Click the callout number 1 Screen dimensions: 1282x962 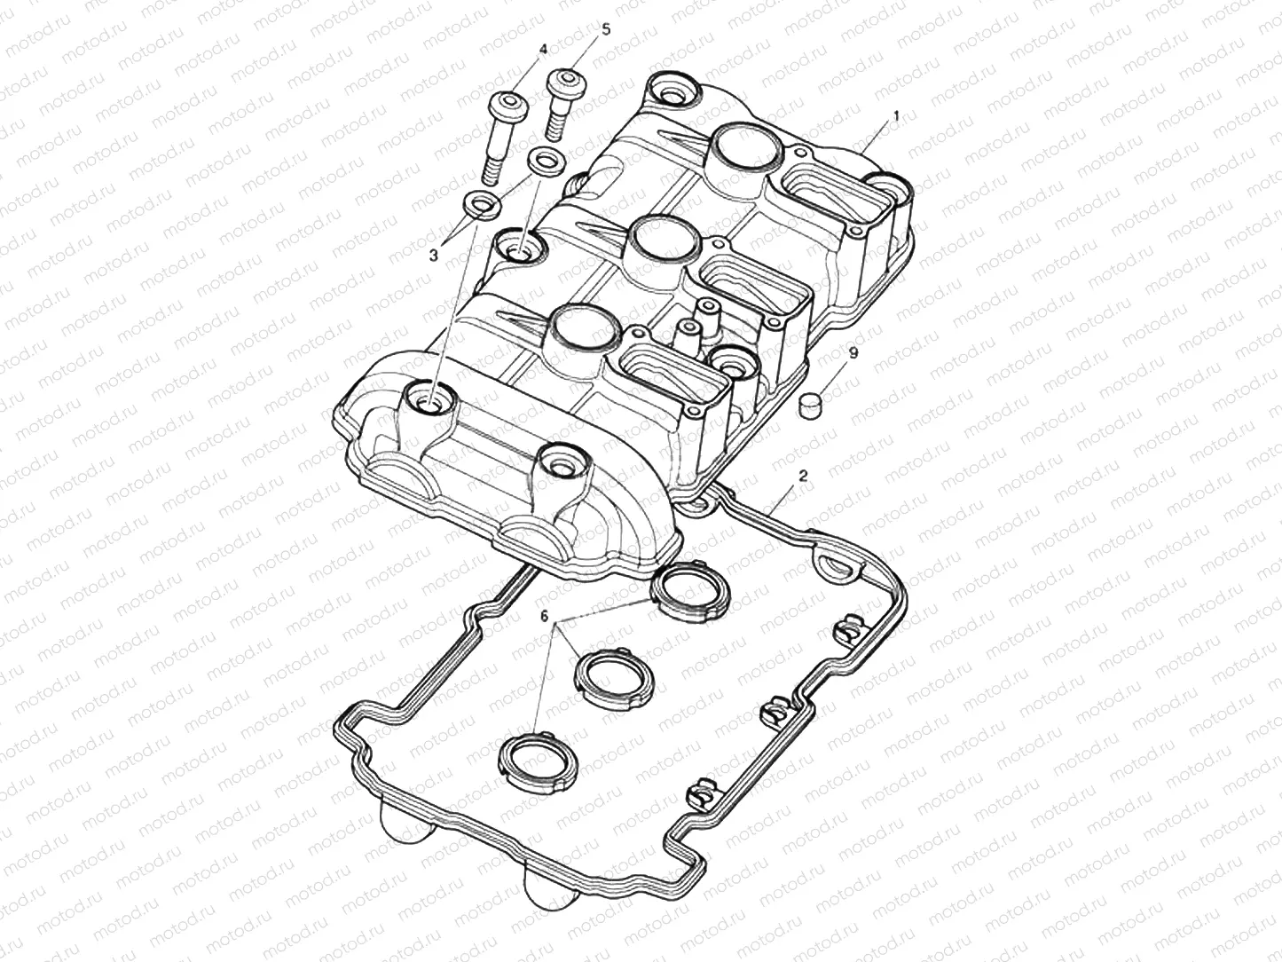pos(895,115)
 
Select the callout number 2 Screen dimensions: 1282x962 pos(803,476)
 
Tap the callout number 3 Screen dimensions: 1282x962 pos(433,256)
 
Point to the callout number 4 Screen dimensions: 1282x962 pos(544,49)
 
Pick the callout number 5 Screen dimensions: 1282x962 pos(606,29)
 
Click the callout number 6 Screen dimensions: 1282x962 pos(545,616)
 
